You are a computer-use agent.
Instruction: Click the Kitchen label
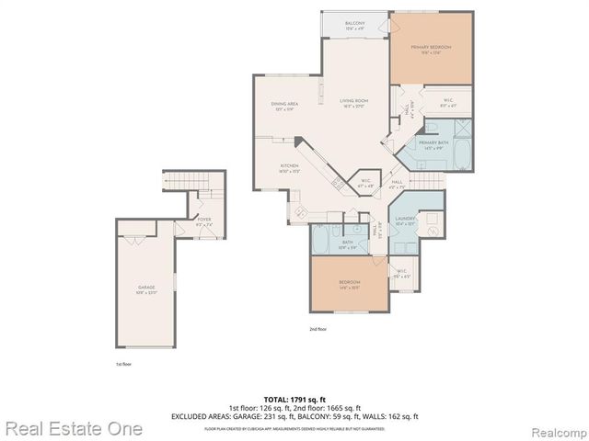click(290, 167)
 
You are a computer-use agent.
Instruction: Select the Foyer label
click(204, 221)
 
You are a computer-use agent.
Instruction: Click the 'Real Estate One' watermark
click(72, 428)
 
